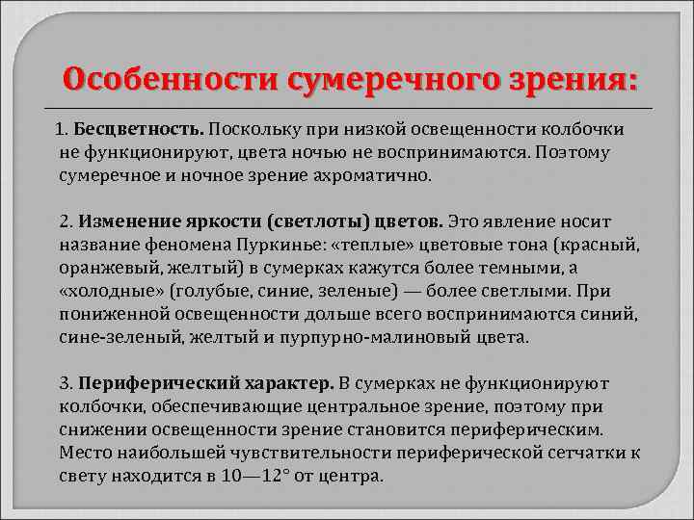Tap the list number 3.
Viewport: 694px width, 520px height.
64,383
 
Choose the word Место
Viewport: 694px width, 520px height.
84,453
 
